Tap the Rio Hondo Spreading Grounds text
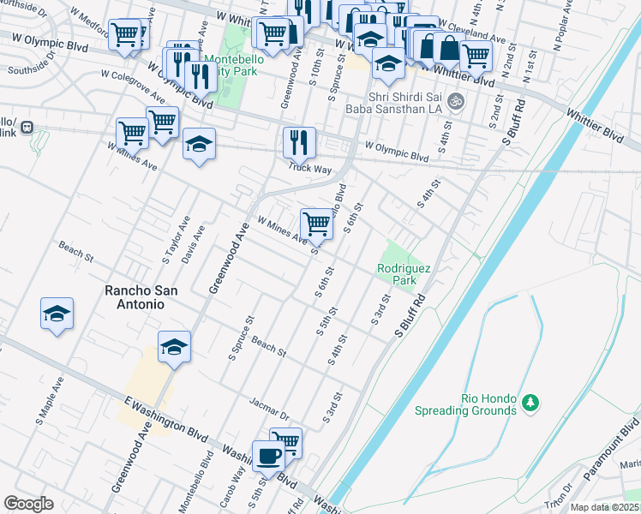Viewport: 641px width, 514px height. (x=475, y=404)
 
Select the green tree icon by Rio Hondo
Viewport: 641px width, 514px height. (x=530, y=401)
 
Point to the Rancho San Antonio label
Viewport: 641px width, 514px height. (x=141, y=290)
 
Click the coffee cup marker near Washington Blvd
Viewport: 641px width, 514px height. (x=268, y=455)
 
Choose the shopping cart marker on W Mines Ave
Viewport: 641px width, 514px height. (x=317, y=224)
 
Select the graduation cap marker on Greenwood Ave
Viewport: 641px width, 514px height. (x=174, y=346)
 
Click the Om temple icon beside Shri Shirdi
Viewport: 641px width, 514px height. (x=456, y=100)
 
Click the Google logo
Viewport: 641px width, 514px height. (x=28, y=503)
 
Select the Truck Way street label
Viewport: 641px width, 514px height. (x=309, y=169)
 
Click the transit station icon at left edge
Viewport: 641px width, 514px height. (x=27, y=128)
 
